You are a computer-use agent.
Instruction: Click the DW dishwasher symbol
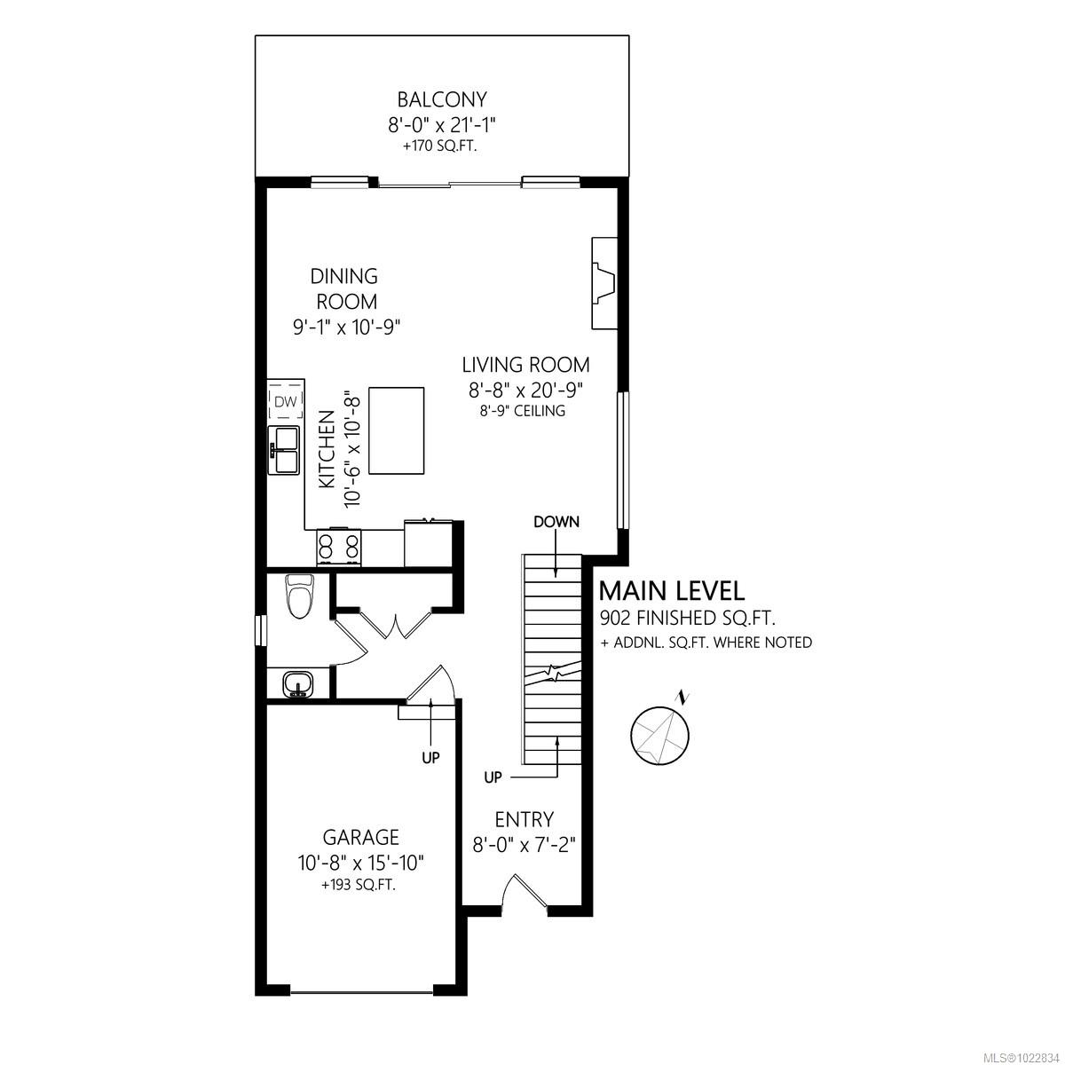pyautogui.click(x=285, y=402)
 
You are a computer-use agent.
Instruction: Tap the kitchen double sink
pyautogui.click(x=285, y=449)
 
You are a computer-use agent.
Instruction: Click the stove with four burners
pyautogui.click(x=339, y=547)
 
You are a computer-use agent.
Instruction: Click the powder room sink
pyautogui.click(x=297, y=685)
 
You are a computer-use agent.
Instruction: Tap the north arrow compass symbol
pyautogui.click(x=659, y=733)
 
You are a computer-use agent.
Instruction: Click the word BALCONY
pyautogui.click(x=442, y=99)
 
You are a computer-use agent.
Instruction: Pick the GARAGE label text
pyautogui.click(x=360, y=837)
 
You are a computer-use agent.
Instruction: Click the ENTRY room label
pyautogui.click(x=525, y=819)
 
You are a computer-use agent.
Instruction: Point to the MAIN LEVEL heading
pyautogui.click(x=672, y=590)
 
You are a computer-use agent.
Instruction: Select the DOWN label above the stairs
pyautogui.click(x=556, y=522)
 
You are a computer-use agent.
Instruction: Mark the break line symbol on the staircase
pyautogui.click(x=552, y=674)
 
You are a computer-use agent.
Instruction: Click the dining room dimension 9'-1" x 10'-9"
pyautogui.click(x=347, y=327)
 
